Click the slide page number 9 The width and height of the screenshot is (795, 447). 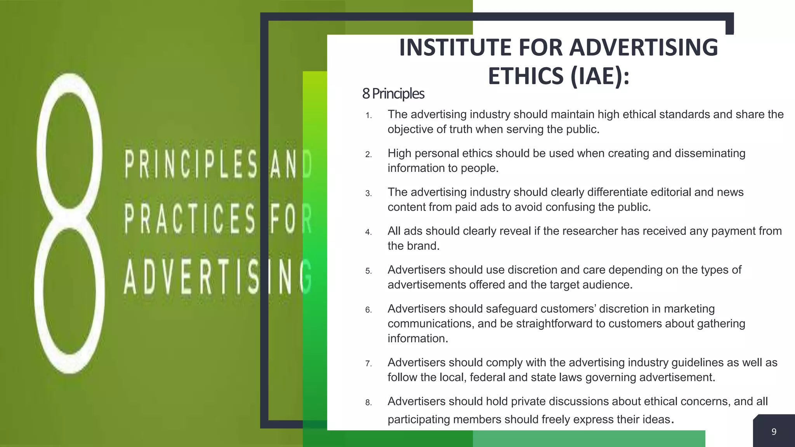[x=774, y=431]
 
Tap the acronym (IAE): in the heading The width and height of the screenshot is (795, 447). [x=600, y=76]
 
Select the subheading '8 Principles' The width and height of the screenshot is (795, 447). [x=393, y=94]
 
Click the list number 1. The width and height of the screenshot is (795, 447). [x=368, y=116]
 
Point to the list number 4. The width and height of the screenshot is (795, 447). [x=368, y=232]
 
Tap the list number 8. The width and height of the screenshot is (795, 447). [x=368, y=403]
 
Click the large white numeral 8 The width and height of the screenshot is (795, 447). [x=70, y=223]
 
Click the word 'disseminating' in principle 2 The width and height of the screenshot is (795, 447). [x=710, y=153]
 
